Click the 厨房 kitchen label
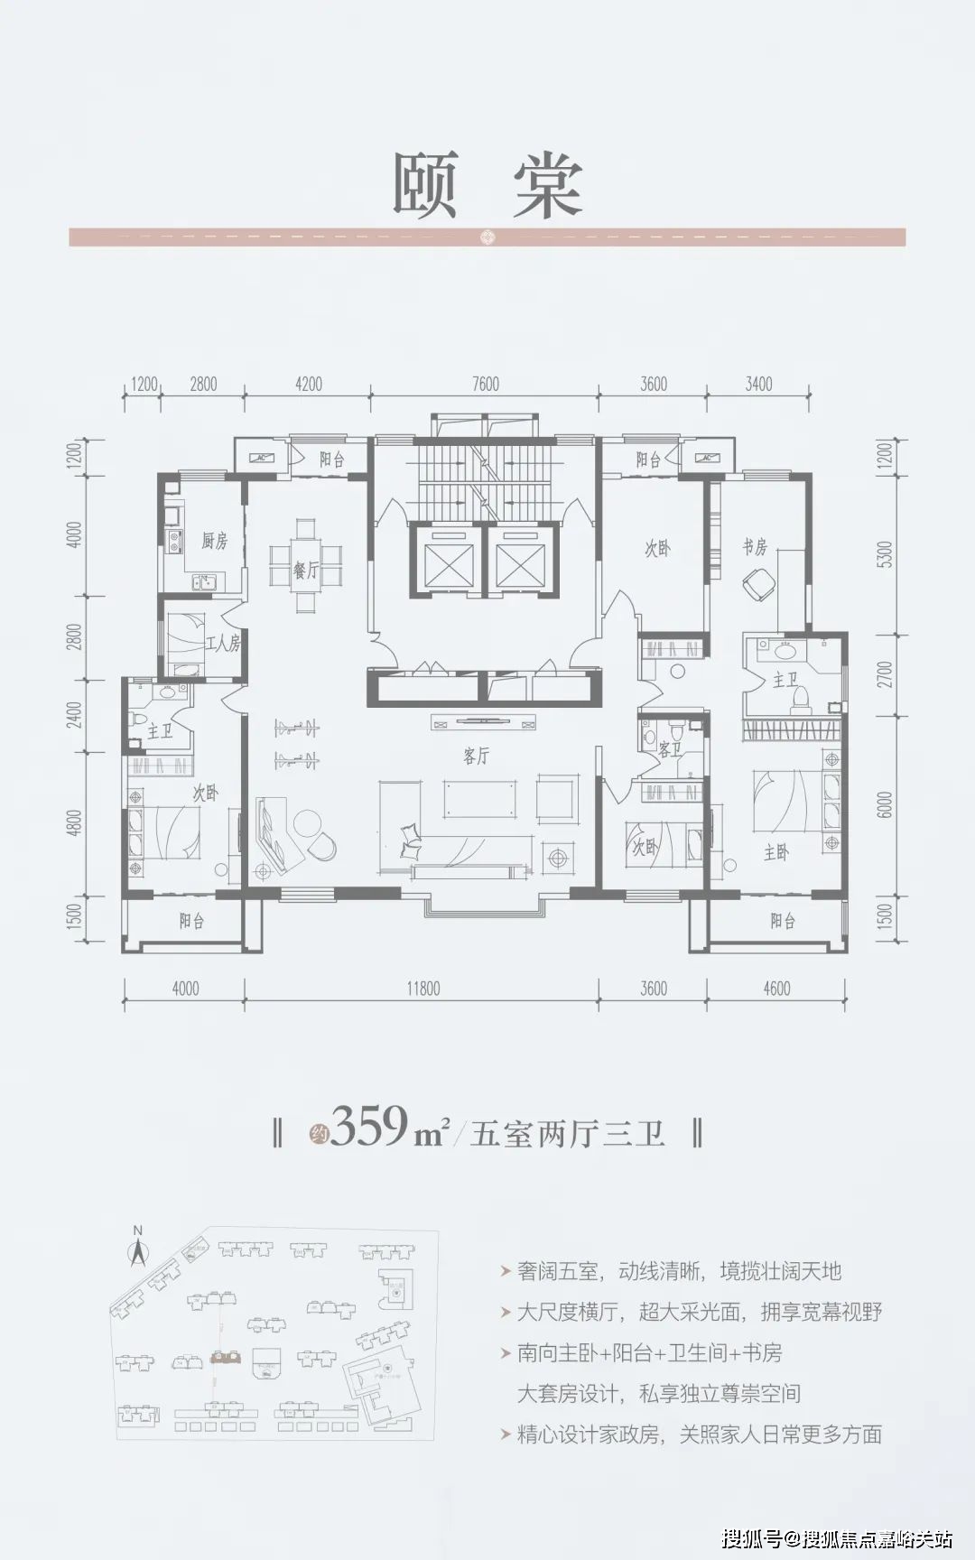[214, 541]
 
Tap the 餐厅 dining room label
[306, 570]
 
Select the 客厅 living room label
[476, 757]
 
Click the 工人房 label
[223, 644]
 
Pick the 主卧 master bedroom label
[776, 851]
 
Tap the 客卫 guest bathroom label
[669, 748]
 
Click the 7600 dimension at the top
[485, 385]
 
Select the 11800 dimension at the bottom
[422, 989]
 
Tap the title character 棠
[548, 185]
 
